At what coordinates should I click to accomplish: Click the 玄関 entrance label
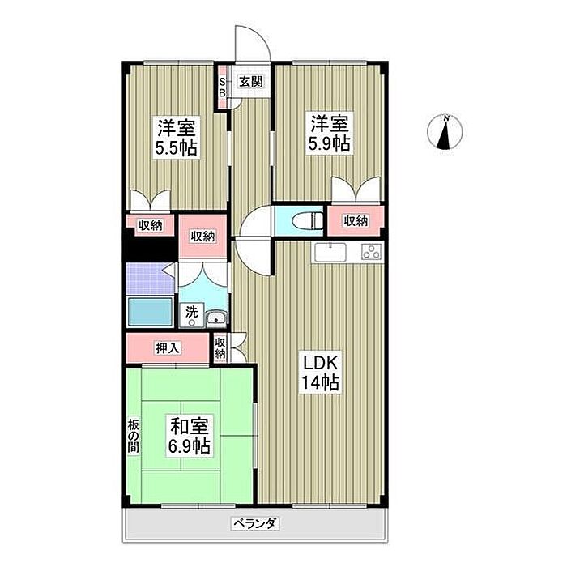pos(250,82)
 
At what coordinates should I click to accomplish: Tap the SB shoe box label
pos(223,87)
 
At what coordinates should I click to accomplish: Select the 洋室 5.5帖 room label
pos(177,137)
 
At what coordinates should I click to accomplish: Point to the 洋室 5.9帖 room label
pos(329,134)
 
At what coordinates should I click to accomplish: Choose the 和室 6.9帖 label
pos(189,436)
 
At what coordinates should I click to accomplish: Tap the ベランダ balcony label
pos(255,523)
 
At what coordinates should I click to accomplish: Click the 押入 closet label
pos(168,348)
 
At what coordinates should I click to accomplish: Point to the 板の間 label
pos(133,436)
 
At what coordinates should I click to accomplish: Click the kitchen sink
pos(330,252)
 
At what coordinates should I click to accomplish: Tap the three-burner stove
pos(371,252)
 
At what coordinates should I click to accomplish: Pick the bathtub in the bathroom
pos(150,311)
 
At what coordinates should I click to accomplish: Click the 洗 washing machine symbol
pos(192,314)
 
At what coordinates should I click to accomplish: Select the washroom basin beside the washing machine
pos(216,318)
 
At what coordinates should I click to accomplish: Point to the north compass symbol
pos(445,132)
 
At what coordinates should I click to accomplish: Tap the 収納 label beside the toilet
pos(356,220)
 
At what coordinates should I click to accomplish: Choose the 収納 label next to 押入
pos(220,348)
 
